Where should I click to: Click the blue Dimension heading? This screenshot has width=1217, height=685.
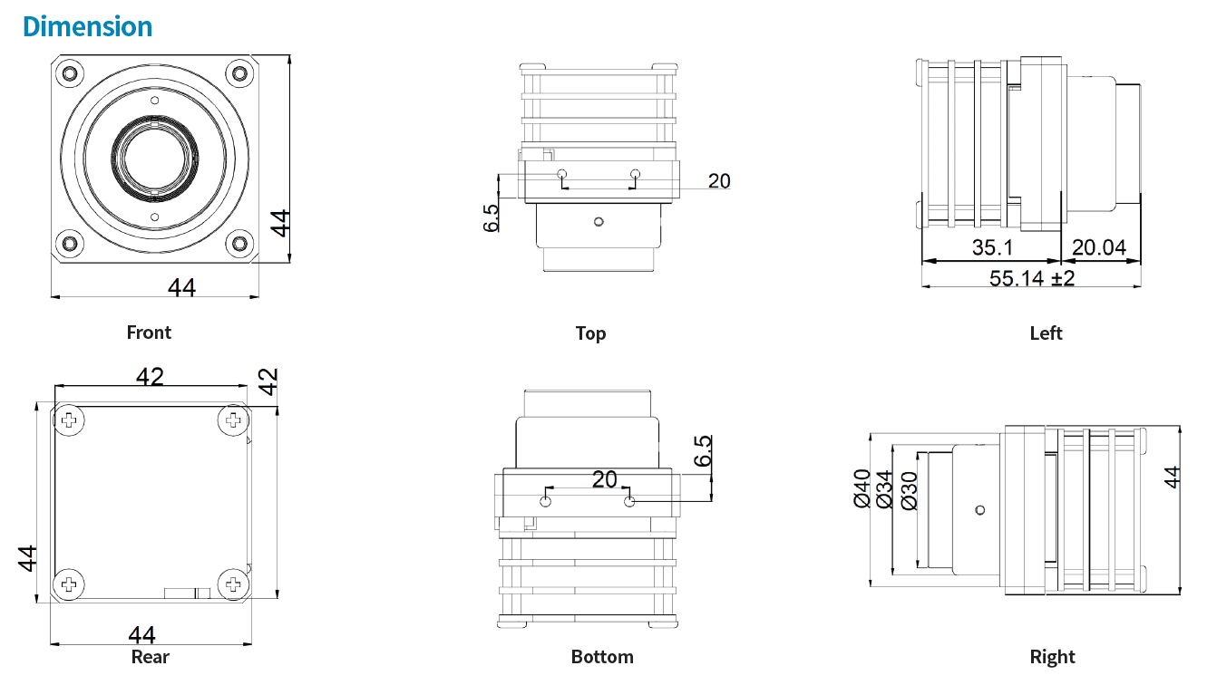coord(87,26)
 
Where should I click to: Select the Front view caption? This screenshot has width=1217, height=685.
coord(149,333)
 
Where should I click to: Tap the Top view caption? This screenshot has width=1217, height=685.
coord(590,333)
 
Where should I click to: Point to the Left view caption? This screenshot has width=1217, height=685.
coord(1046,333)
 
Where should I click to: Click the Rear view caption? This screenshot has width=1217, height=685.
coord(150,657)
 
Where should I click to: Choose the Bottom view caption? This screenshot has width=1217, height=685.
coord(602,657)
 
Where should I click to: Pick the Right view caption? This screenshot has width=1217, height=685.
coord(1052,657)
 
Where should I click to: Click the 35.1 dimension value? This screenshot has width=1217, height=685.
coord(993,247)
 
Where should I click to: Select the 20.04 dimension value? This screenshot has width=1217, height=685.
coord(1099,247)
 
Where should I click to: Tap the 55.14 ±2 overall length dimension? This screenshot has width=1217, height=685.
coord(1032,278)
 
